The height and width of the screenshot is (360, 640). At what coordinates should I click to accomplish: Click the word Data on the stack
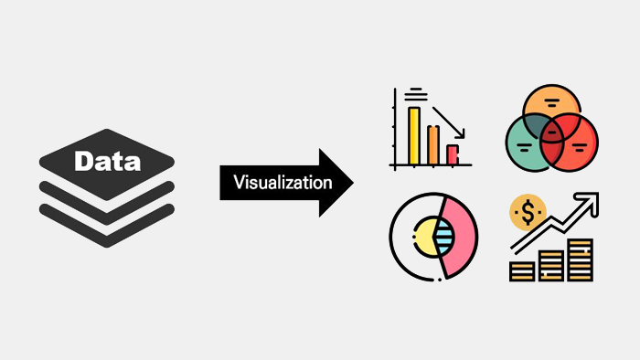click(107, 161)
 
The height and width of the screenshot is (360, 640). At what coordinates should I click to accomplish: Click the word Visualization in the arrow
click(283, 182)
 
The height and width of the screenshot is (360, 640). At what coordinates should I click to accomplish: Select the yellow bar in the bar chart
click(414, 136)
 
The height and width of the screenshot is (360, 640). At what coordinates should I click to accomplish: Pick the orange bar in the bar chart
click(433, 145)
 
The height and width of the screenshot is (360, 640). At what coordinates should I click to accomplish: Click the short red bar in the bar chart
click(453, 154)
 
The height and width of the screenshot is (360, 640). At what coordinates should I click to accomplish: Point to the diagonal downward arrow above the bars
click(448, 122)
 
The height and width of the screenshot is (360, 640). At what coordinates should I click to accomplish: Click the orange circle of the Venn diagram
click(551, 102)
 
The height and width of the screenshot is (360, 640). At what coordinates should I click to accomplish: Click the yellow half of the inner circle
click(424, 238)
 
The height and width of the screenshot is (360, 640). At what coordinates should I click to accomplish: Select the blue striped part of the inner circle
click(444, 238)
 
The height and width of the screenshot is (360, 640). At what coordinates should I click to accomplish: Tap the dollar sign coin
click(528, 212)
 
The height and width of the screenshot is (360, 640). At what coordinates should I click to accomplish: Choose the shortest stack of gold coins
click(522, 271)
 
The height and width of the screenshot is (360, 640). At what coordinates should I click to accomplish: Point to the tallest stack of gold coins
click(580, 260)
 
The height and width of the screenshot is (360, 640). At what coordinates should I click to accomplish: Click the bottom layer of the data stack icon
click(107, 226)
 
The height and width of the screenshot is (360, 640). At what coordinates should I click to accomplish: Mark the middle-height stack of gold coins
click(551, 266)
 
